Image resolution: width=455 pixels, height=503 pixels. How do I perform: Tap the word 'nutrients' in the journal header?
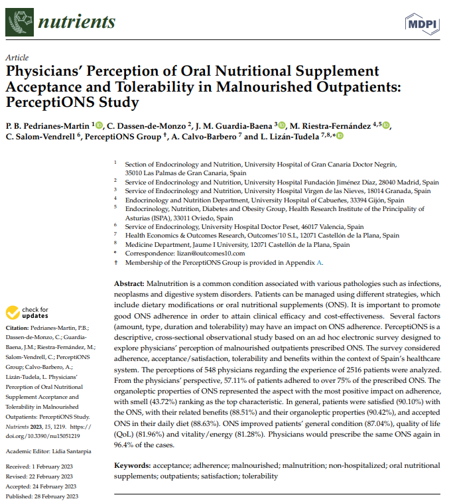pyautogui.click(x=77, y=22)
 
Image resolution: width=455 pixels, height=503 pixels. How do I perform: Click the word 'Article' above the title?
pyautogui.click(x=16, y=58)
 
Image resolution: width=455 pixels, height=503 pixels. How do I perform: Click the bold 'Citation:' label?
pyautogui.click(x=17, y=328)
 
